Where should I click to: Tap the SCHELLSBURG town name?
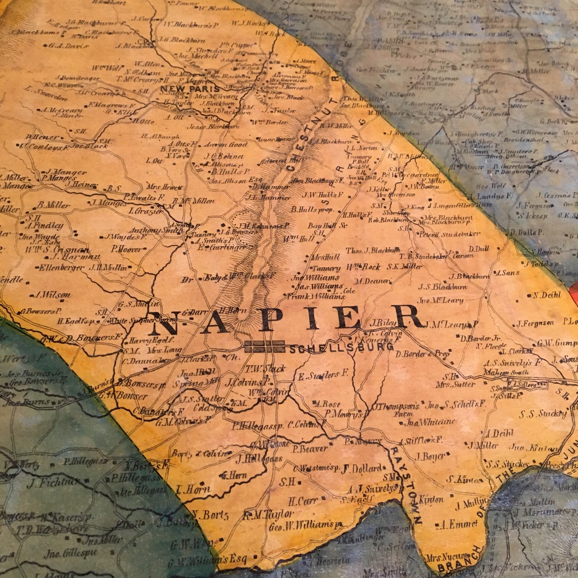[341, 349]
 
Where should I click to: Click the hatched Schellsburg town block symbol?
[264, 347]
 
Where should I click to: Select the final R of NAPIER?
[408, 316]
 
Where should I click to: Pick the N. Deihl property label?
[547, 295]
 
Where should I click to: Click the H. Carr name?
[303, 501]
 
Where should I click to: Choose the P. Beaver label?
[309, 449]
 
